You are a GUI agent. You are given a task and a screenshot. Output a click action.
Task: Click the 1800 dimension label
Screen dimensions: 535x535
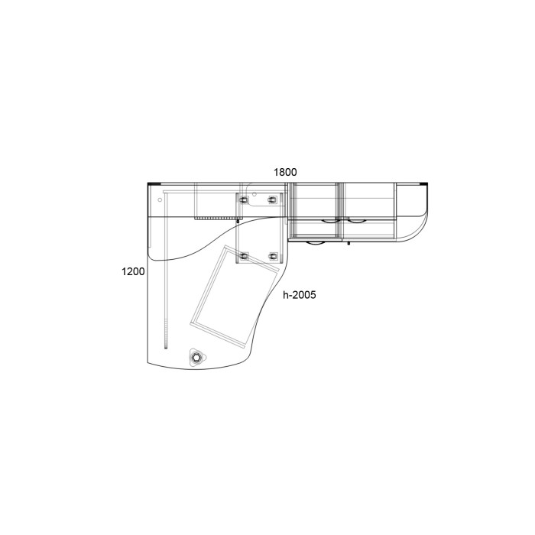pyautogui.click(x=285, y=172)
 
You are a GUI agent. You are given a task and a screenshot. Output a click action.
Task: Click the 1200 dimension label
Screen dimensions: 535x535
pyautogui.click(x=133, y=271)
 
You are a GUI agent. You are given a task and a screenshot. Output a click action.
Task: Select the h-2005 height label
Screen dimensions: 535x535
pyautogui.click(x=300, y=295)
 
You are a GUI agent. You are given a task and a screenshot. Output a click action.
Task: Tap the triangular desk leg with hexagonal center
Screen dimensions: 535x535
pyautogui.click(x=196, y=357)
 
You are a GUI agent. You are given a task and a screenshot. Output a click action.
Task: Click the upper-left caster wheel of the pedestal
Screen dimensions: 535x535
pyautogui.click(x=244, y=199)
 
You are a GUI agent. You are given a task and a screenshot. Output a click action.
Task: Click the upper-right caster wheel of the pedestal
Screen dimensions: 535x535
pyautogui.click(x=272, y=199)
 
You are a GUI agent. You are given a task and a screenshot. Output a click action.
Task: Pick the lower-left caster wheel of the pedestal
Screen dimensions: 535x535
pyautogui.click(x=245, y=255)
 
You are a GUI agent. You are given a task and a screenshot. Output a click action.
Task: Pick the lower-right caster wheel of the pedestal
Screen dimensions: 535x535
pyautogui.click(x=273, y=255)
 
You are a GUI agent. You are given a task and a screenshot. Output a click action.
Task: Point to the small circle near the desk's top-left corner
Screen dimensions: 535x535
pyautogui.click(x=160, y=199)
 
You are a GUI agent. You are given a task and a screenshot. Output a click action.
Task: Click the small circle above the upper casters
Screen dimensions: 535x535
pyautogui.click(x=255, y=194)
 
